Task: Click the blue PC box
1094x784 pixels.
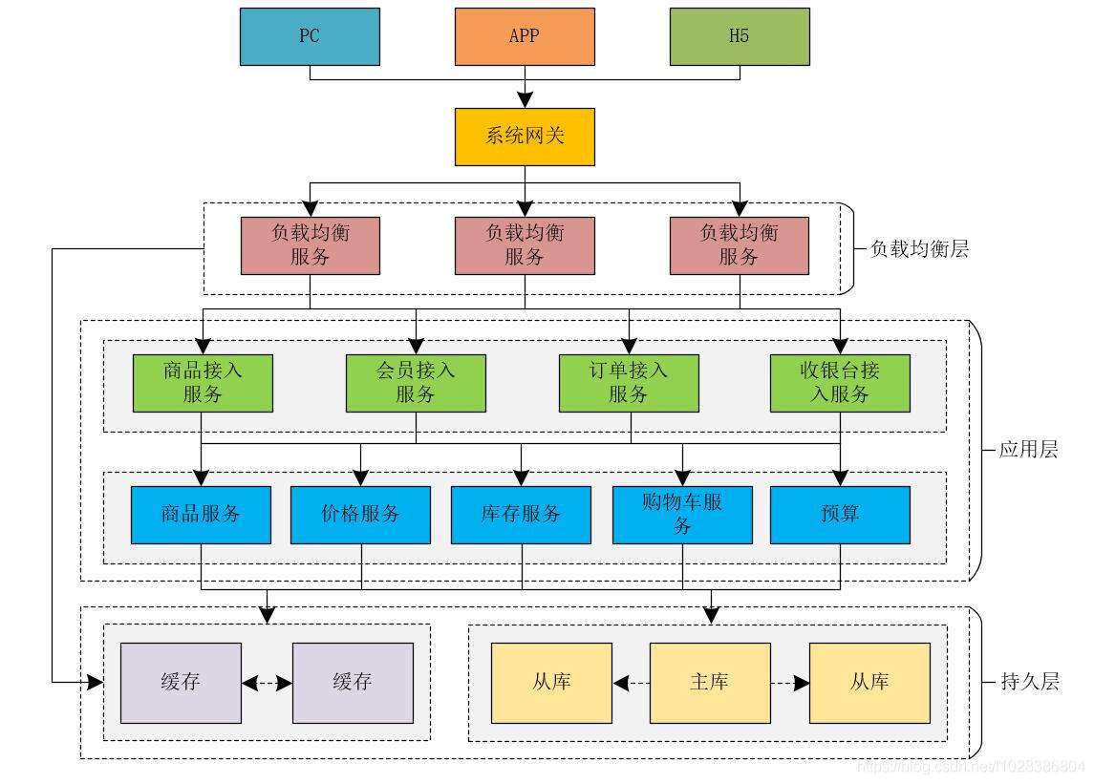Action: tap(310, 36)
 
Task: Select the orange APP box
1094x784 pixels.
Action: tap(524, 36)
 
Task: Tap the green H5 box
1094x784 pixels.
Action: tap(739, 36)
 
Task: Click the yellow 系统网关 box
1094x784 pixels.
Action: tap(524, 137)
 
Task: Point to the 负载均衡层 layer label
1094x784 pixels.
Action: tap(919, 249)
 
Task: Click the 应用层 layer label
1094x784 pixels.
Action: tap(1028, 450)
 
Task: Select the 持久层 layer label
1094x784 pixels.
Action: tap(1029, 682)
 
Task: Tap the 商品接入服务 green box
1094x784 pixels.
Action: tap(203, 382)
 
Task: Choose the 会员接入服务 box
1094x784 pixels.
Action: tap(416, 382)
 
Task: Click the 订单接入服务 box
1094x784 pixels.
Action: tap(629, 382)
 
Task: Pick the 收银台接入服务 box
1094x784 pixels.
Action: tap(840, 382)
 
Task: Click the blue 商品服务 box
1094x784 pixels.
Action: tap(201, 515)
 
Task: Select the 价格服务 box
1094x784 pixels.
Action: tap(360, 515)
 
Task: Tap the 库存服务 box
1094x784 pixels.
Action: tap(521, 515)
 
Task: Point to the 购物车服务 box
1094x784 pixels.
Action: tap(682, 515)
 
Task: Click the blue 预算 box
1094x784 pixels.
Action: tap(840, 515)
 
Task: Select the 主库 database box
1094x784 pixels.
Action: tap(709, 682)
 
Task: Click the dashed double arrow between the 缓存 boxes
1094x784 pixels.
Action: tap(267, 683)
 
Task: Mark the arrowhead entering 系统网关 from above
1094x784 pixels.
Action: tap(524, 100)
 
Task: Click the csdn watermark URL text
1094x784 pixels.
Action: tap(971, 766)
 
